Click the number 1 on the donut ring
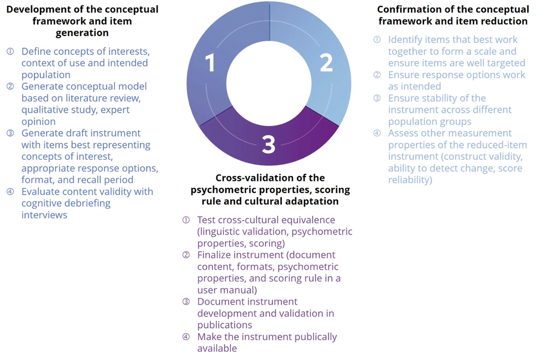click(210, 63)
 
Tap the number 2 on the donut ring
click(327, 62)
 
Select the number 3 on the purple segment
click(268, 144)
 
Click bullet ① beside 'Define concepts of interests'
click(10, 52)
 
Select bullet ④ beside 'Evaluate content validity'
click(10, 192)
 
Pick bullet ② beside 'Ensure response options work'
click(377, 75)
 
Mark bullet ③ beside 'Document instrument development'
click(186, 302)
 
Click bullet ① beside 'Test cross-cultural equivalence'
click(186, 220)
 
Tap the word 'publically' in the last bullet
click(313, 337)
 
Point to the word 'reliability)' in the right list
click(410, 180)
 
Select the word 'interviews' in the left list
click(44, 215)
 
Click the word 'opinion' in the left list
click(38, 122)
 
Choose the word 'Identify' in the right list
click(405, 40)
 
